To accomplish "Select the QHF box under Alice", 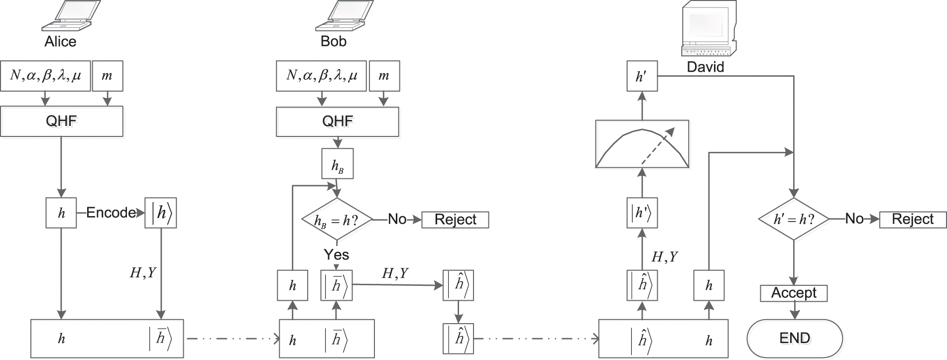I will pyautogui.click(x=61, y=121).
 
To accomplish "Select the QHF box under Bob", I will pyautogui.click(x=338, y=121).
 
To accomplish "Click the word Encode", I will pyautogui.click(x=111, y=213).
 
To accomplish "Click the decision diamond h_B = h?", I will pyautogui.click(x=338, y=220).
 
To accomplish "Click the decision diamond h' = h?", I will pyautogui.click(x=793, y=219).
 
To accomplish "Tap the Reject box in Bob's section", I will pyautogui.click(x=455, y=220).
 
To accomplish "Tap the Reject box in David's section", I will pyautogui.click(x=913, y=219).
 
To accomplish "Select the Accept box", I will pyautogui.click(x=794, y=293).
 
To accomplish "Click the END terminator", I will pyautogui.click(x=795, y=339).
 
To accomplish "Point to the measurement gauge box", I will pyautogui.click(x=642, y=144).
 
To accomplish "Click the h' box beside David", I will pyautogui.click(x=642, y=76).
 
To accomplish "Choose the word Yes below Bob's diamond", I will pyautogui.click(x=337, y=255).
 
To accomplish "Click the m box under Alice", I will pyautogui.click(x=107, y=76).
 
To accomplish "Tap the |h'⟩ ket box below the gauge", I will pyautogui.click(x=641, y=213).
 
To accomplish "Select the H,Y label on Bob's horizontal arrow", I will pyautogui.click(x=395, y=273).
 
